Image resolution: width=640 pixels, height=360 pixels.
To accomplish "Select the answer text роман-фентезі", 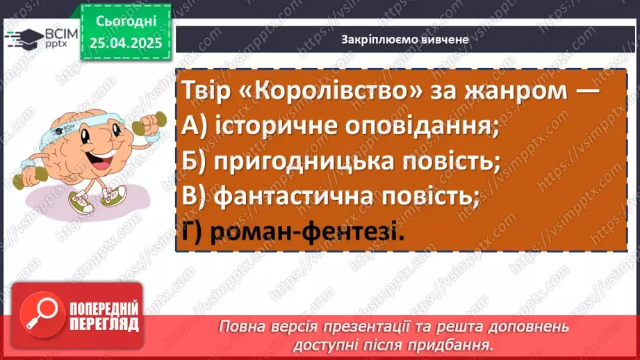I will pyautogui.click(x=313, y=233).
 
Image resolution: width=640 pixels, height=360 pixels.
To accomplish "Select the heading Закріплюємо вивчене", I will pyautogui.click(x=405, y=40).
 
